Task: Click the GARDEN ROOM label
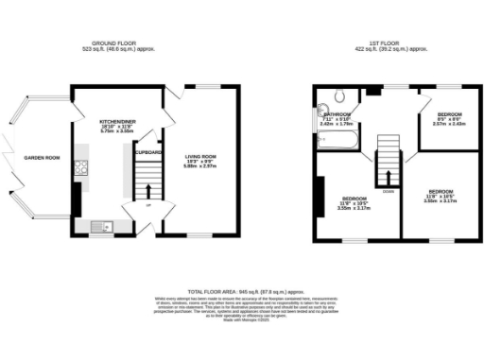(x=42, y=158)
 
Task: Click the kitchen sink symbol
(x=98, y=225)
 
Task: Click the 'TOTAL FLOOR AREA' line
(x=241, y=291)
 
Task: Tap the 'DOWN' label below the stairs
(x=387, y=191)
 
